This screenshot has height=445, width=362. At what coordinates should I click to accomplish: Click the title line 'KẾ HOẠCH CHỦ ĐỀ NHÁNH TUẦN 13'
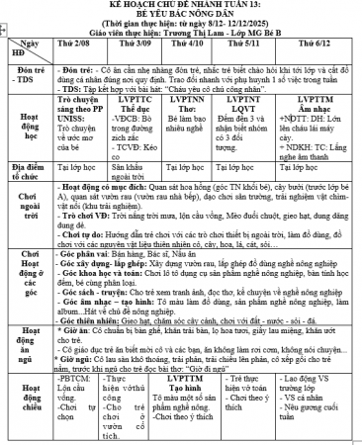(x=181, y=6)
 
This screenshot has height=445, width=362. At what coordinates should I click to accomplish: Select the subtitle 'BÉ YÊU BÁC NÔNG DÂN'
(x=181, y=17)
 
